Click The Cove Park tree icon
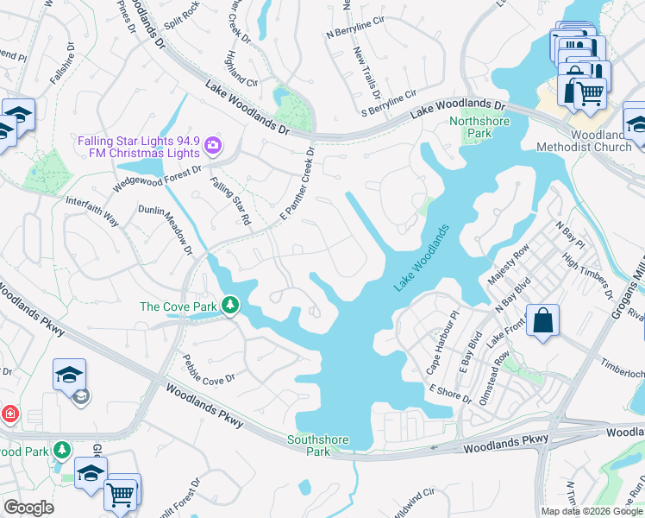[x=230, y=305]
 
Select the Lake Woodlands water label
[x=423, y=258]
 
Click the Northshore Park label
[x=479, y=127]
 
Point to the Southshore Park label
[x=318, y=445]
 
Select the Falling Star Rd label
[x=230, y=201]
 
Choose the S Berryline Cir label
[x=389, y=102]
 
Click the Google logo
[x=28, y=508]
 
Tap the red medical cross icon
[x=9, y=414]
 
